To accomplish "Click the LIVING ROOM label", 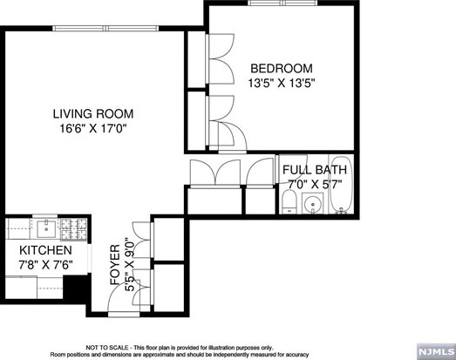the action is point(93,113).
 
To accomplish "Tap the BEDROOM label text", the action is point(282,69).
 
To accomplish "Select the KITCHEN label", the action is point(45,250).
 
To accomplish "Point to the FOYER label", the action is point(115,265).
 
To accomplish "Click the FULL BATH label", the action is point(315,170).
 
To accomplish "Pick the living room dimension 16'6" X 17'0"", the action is point(93,128).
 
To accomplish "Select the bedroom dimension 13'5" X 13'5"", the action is point(282,84).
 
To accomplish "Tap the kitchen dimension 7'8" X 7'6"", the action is point(45,265).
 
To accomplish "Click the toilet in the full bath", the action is point(289,202).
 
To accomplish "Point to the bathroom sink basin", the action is point(313,203).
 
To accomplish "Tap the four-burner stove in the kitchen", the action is point(73,229).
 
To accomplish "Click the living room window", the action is point(105,28).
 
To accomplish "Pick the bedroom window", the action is point(282,3).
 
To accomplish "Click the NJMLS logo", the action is point(436,351).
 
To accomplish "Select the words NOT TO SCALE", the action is point(106,348).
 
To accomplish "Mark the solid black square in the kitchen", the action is point(75,289).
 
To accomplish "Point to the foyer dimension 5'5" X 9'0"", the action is point(130,265).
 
